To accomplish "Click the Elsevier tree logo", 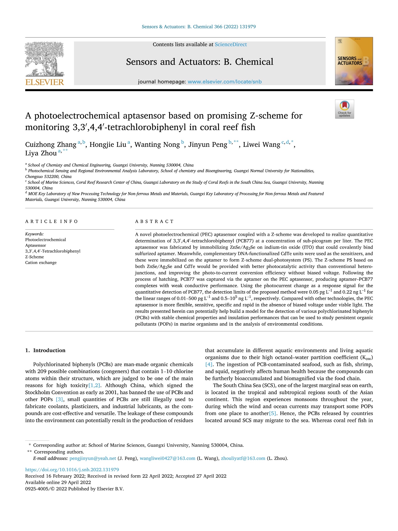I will [x=44, y=59].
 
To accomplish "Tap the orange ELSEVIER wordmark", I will [x=45, y=82].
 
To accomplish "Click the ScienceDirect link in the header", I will [x=231, y=44].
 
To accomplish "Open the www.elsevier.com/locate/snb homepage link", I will [x=225, y=82].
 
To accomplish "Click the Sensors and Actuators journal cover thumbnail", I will [x=354, y=61].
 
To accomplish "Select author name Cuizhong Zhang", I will [x=51, y=145].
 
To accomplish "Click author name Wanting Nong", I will [x=157, y=145].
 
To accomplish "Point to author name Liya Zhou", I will [x=41, y=153].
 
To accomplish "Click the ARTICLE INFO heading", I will [x=51, y=222].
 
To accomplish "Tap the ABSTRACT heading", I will [x=154, y=222].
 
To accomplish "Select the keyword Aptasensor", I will [x=36, y=245].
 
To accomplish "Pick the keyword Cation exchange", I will [x=41, y=263].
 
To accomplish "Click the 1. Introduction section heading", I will [x=45, y=350].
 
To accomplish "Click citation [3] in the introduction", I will [x=59, y=399].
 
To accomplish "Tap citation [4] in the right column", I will [x=209, y=364].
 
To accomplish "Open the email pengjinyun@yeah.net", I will [x=93, y=458].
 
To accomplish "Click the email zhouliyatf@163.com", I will [x=243, y=458].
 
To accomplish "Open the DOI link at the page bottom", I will [x=72, y=470].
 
